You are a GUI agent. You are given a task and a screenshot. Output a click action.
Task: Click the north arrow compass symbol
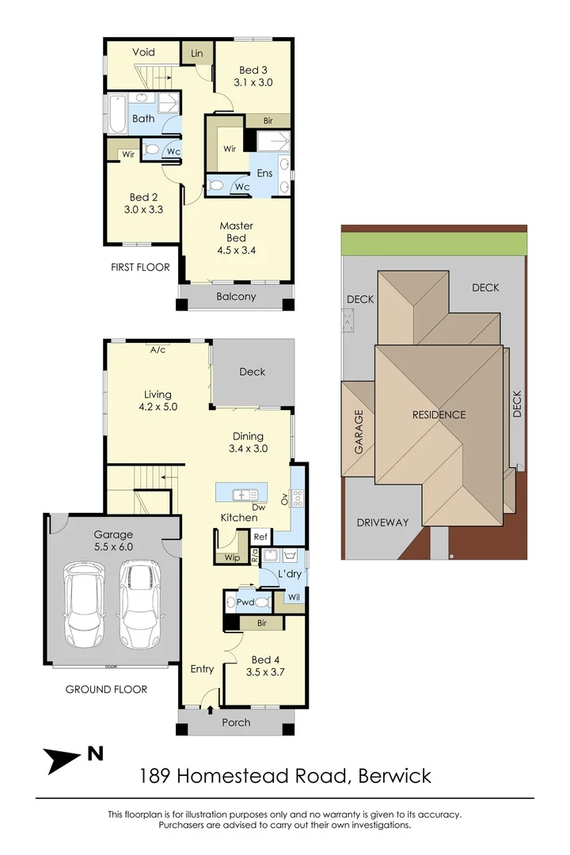(63, 760)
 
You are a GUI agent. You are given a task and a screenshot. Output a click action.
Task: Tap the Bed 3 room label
(253, 70)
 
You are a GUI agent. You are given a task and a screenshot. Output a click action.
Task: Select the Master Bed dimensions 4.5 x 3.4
(237, 250)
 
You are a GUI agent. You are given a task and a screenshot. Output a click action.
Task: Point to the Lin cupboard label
(197, 54)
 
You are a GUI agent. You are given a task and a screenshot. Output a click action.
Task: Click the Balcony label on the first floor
(236, 297)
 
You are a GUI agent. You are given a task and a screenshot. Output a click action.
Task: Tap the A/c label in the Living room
(158, 350)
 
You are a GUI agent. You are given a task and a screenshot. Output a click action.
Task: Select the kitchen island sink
(245, 495)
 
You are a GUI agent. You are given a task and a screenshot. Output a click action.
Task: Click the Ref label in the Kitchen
(260, 537)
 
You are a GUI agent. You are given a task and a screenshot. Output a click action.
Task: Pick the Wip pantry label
(233, 557)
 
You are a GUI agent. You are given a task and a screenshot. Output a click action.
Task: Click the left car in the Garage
(85, 604)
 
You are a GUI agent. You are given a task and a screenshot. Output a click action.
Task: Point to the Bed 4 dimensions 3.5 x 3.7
(265, 672)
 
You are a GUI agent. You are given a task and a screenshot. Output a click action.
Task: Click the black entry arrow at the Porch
(211, 709)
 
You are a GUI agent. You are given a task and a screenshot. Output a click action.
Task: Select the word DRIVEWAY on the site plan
(382, 522)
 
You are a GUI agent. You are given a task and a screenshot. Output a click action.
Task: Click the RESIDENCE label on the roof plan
(439, 415)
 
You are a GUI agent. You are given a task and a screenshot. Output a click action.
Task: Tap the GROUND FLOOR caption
(106, 690)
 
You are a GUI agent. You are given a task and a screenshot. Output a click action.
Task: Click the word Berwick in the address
(394, 775)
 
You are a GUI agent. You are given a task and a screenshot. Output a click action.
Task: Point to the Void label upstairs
(143, 52)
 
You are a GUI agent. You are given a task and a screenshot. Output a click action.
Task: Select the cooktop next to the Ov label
(298, 499)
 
